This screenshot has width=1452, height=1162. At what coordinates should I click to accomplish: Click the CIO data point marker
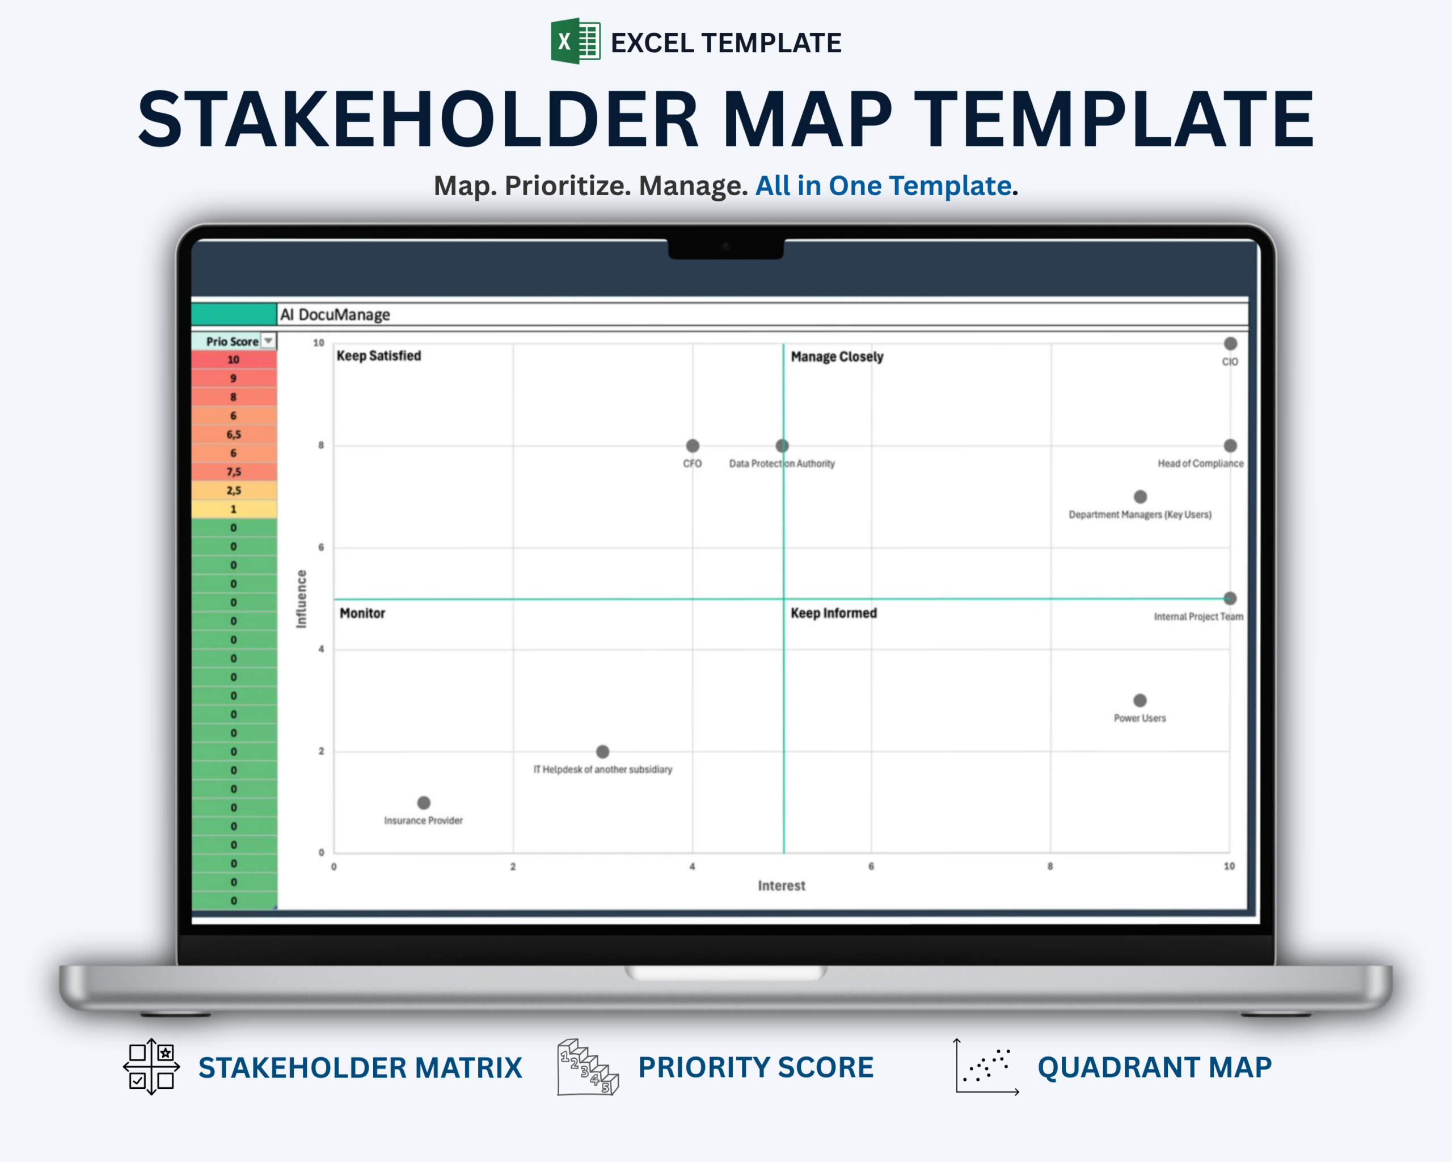click(1230, 343)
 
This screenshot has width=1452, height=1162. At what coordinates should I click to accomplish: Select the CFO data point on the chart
click(693, 445)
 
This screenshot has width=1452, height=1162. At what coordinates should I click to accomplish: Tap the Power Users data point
click(1139, 700)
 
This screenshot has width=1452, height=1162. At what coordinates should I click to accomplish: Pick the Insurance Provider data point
click(424, 802)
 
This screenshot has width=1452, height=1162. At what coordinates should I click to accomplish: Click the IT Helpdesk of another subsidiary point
click(603, 751)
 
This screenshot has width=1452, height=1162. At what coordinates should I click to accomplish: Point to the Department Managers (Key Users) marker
click(1139, 496)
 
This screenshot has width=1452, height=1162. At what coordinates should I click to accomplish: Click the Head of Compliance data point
click(1230, 445)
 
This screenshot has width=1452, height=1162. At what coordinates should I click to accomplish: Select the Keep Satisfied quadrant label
click(378, 356)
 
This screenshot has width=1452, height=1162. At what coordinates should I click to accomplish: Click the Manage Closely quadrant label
click(837, 356)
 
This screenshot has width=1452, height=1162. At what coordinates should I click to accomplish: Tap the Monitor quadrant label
click(362, 613)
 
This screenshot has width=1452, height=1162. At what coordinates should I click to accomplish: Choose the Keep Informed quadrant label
click(833, 613)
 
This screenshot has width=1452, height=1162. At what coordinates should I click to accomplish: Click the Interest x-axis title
click(781, 885)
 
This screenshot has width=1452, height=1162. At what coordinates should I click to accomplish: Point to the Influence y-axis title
click(301, 599)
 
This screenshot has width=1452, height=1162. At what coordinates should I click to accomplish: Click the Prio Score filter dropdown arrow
click(268, 341)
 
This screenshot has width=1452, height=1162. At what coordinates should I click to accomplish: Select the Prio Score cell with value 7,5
click(234, 471)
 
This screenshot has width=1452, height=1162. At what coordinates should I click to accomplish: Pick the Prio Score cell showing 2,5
click(234, 490)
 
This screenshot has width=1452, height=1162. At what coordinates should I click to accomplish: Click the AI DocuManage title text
click(335, 314)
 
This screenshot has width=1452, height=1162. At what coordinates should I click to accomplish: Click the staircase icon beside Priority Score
click(587, 1067)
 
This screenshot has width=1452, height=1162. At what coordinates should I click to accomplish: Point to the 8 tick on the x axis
click(1050, 866)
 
